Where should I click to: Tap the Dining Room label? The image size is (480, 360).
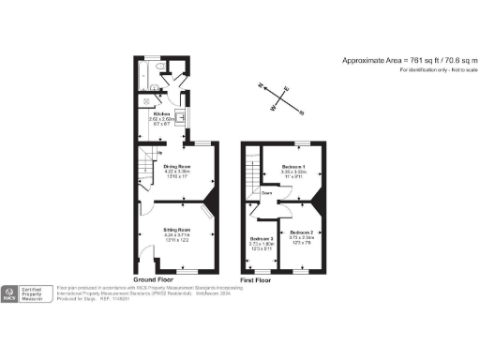click(x=177, y=166)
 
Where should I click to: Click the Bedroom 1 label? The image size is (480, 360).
click(x=293, y=166)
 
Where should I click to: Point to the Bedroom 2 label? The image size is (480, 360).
click(x=302, y=232)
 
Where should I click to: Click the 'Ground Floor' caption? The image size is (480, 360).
click(x=156, y=280)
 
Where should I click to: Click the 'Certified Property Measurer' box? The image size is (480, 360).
click(x=37, y=292)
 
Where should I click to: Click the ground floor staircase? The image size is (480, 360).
click(x=145, y=170)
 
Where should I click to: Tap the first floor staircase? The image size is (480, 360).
click(x=251, y=172)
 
